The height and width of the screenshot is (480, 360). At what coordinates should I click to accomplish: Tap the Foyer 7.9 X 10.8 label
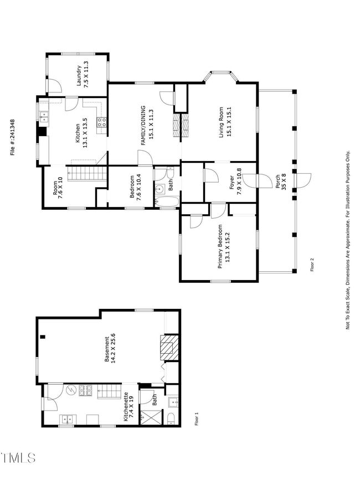235,183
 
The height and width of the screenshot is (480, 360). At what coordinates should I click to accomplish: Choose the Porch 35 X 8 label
281,182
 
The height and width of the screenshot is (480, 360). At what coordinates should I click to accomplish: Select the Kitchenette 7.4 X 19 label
128,406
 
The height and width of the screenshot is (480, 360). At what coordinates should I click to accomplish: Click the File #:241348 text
13,137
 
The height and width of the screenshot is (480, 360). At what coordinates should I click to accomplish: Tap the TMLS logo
18,458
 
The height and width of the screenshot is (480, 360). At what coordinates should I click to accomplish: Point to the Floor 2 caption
312,265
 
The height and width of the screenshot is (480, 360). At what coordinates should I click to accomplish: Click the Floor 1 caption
197,419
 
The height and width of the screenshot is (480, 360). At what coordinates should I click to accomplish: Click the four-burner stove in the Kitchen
102,122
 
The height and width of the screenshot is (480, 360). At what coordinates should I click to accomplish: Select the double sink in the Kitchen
44,117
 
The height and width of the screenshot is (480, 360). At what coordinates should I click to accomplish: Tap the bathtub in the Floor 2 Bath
167,202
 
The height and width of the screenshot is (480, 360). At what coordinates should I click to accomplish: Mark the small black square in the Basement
43,337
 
